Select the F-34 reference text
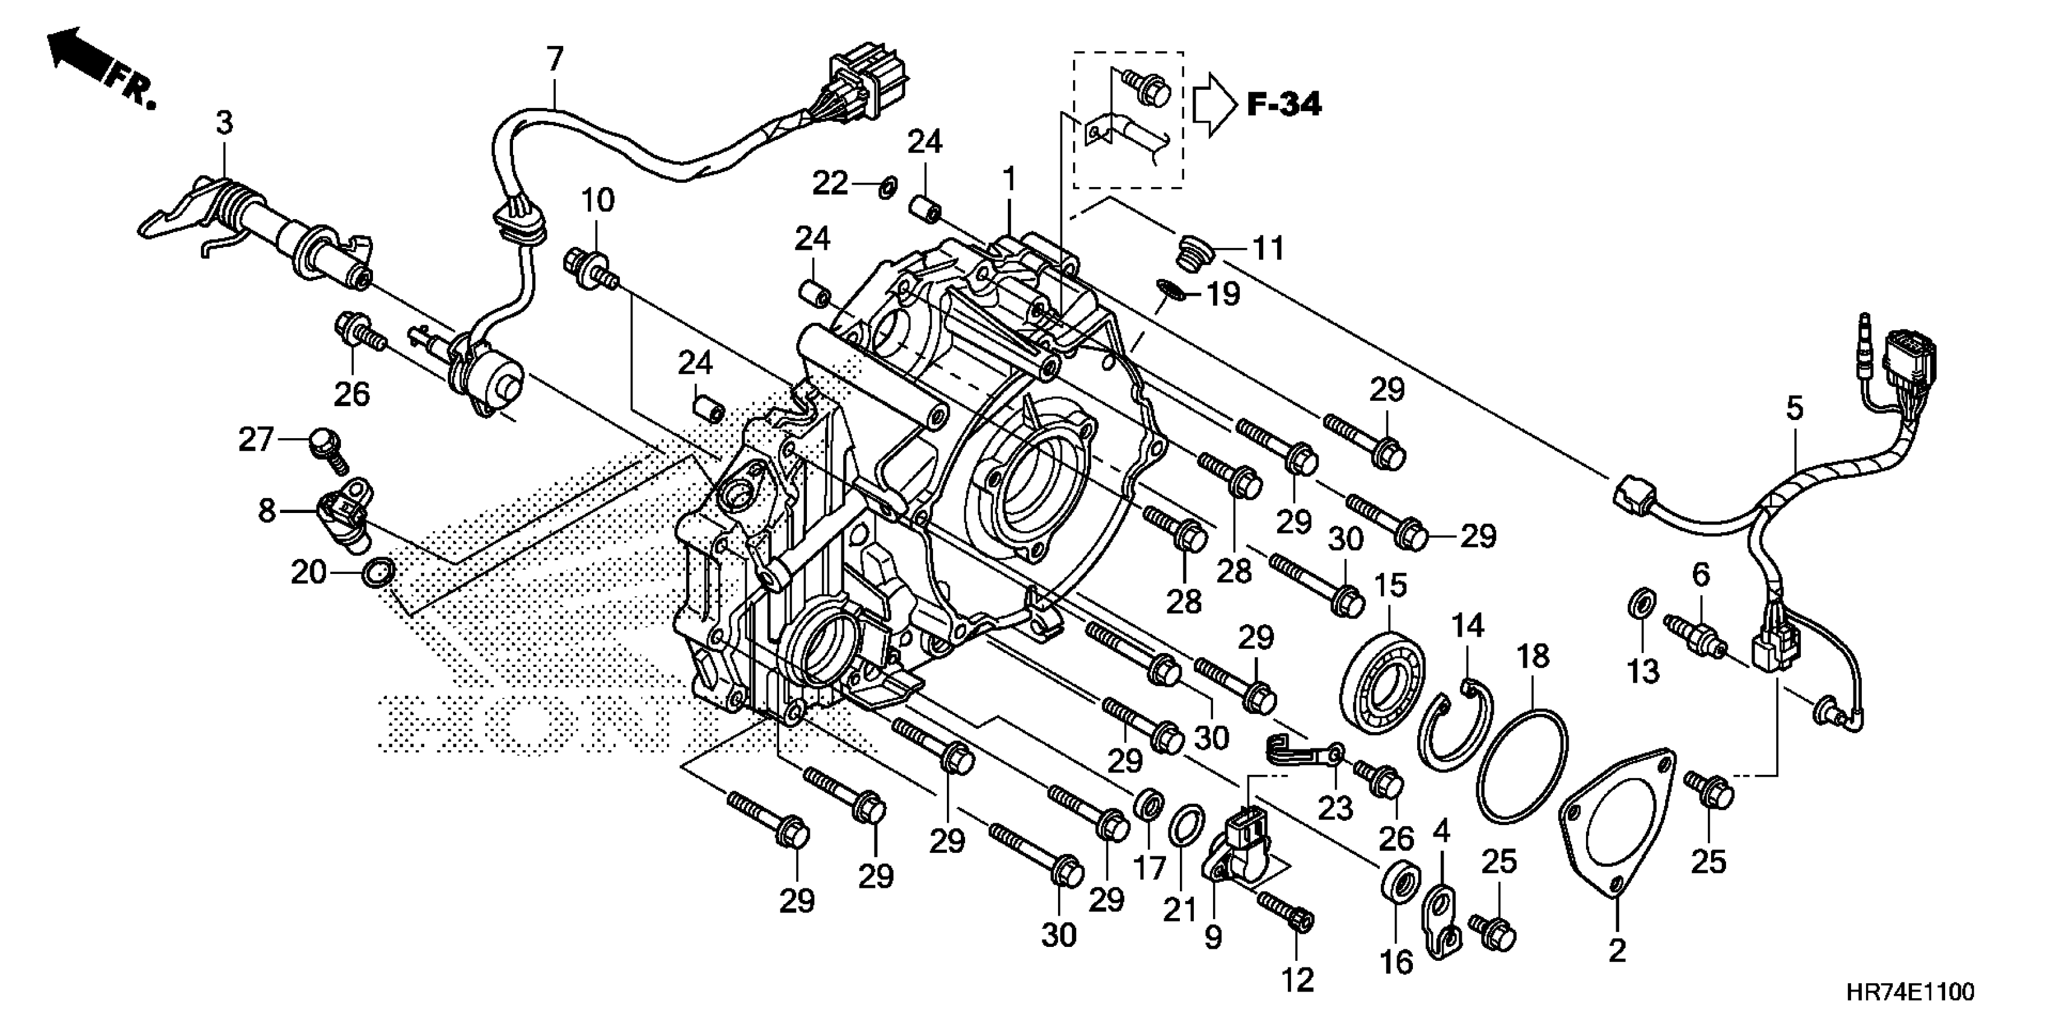coord(1283,104)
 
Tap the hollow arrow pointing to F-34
coord(1213,104)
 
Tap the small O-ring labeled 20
coord(378,573)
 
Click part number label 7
coord(555,60)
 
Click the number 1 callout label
coord(1009,179)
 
